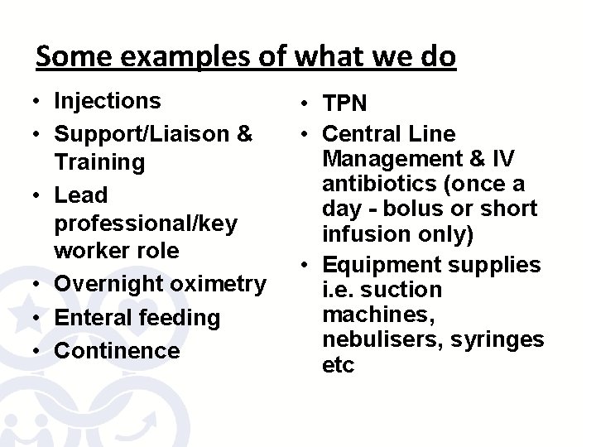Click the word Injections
(x=107, y=101)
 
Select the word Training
(x=99, y=161)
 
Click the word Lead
(x=80, y=195)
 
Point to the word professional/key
(x=146, y=223)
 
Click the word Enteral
(x=94, y=317)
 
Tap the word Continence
(x=117, y=350)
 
